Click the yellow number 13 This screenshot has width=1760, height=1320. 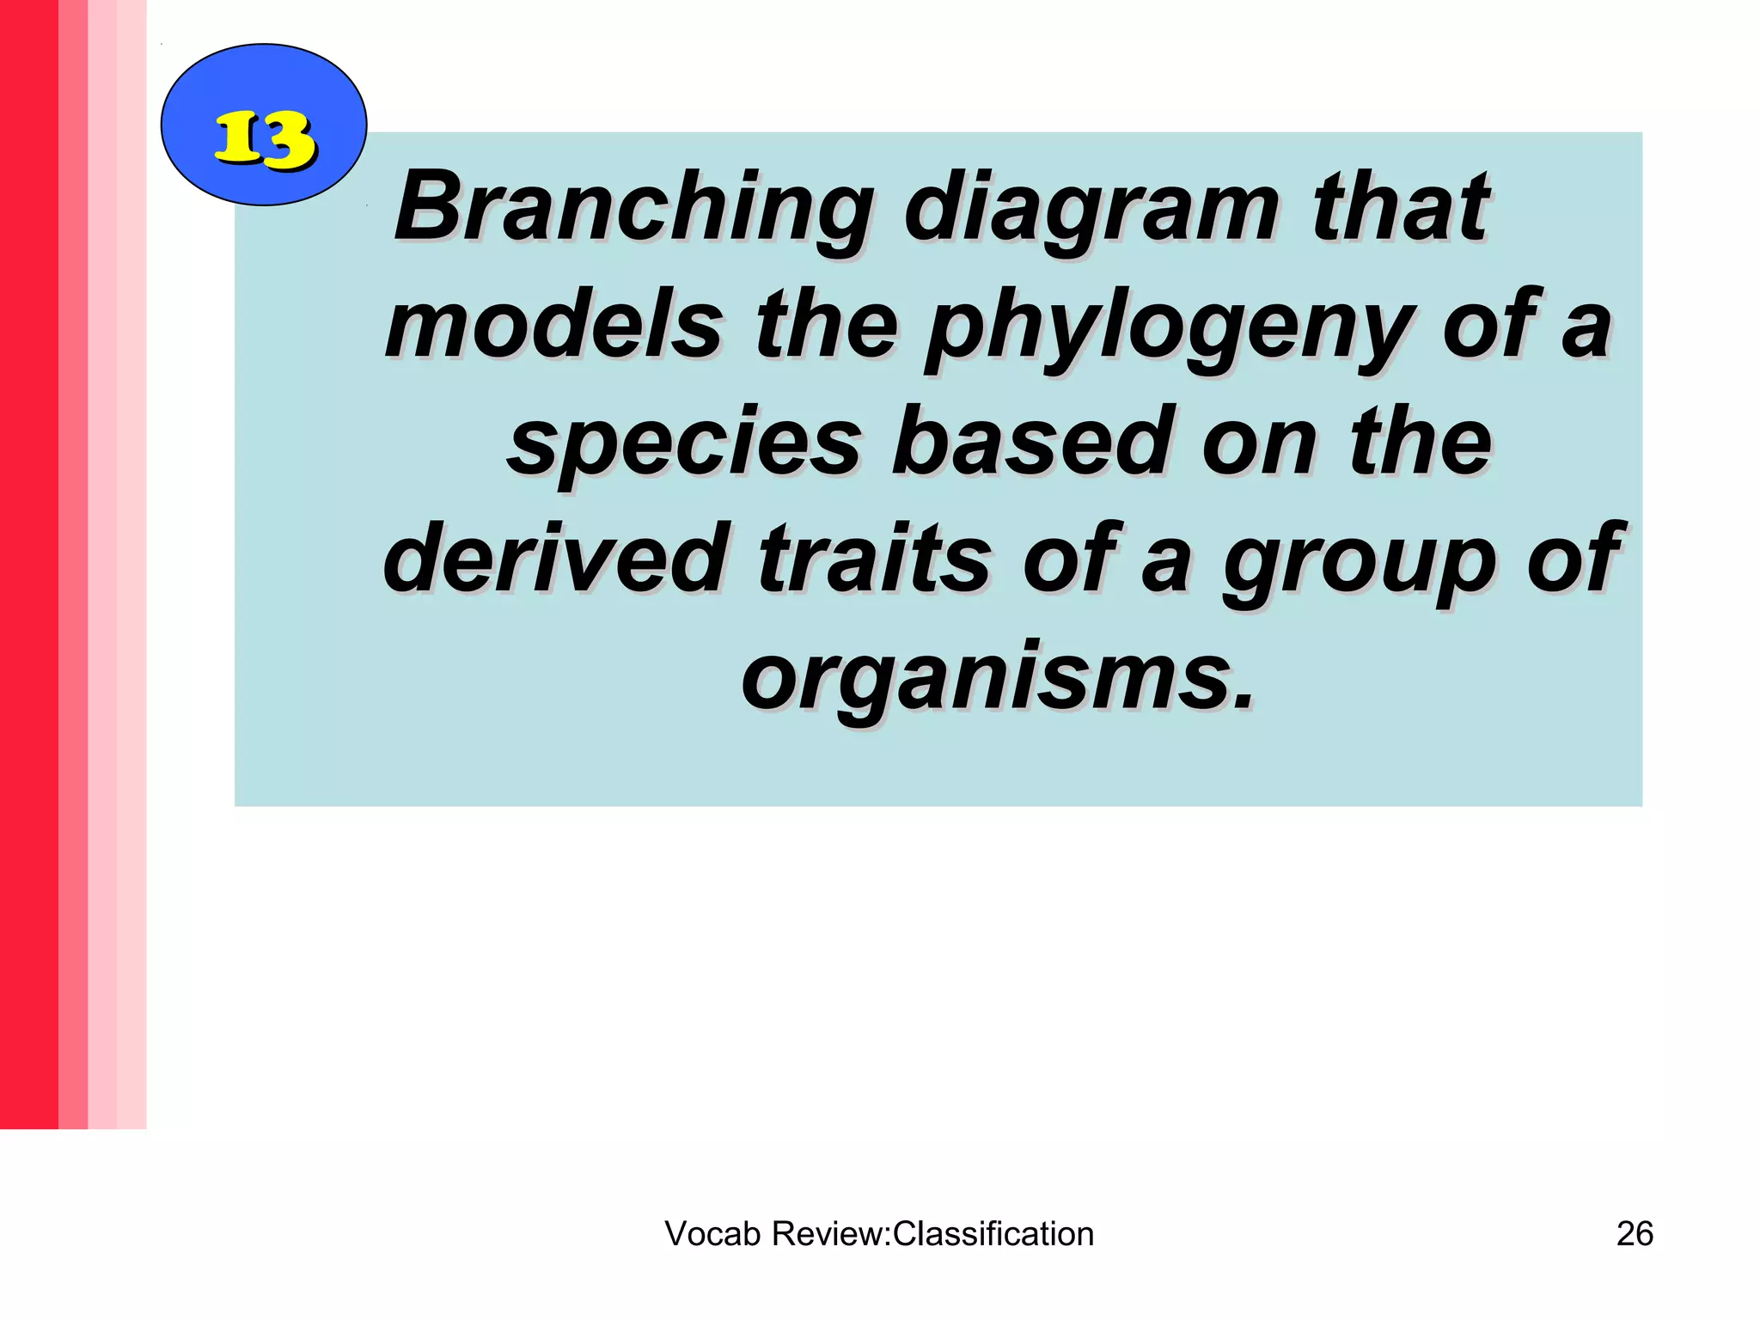tap(264, 139)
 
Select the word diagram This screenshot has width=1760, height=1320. tap(1092, 210)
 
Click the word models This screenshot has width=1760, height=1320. tap(554, 326)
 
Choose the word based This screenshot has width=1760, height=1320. tap(1032, 443)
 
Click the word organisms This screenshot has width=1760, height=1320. tap(985, 678)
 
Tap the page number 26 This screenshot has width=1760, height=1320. tap(1635, 1234)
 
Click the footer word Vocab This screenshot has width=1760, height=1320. tap(712, 1234)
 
